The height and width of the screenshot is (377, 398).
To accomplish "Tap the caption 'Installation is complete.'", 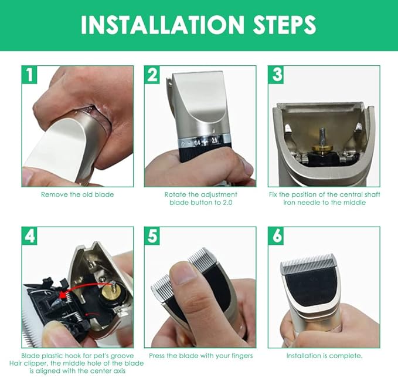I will tap(324, 356).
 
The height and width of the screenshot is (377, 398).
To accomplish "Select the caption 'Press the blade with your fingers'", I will tap(200, 356).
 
